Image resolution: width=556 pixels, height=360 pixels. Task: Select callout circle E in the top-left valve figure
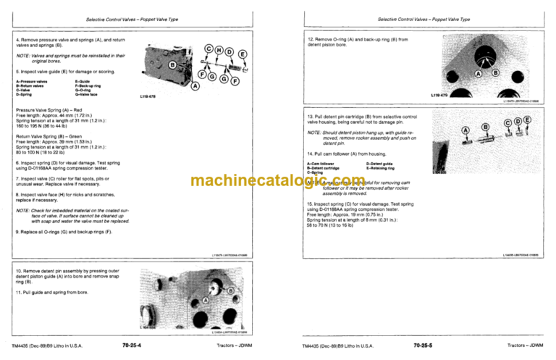243,54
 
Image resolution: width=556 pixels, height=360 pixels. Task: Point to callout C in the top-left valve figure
208,49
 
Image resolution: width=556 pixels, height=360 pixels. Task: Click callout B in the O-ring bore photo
496,73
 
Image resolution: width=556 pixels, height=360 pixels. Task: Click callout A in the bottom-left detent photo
206,299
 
